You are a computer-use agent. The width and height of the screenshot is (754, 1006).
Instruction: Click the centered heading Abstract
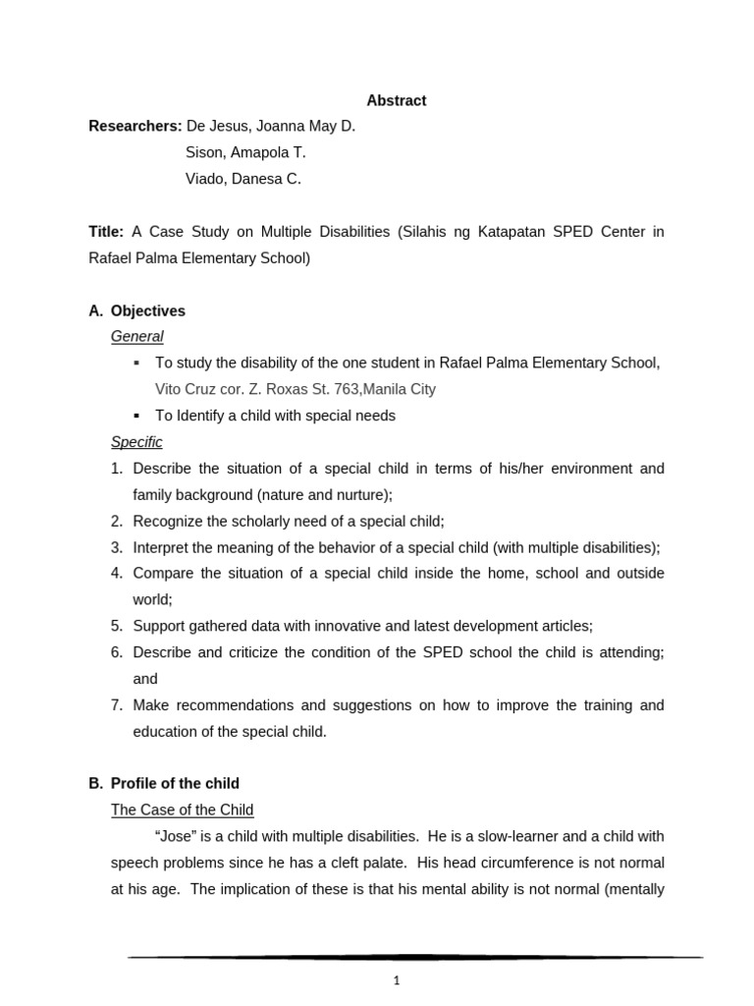pyautogui.click(x=397, y=100)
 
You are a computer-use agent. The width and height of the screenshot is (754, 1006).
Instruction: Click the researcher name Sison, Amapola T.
pyautogui.click(x=245, y=152)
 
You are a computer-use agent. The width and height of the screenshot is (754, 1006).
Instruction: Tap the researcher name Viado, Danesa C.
pyautogui.click(x=242, y=179)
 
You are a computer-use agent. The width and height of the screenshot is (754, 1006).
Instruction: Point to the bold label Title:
pyautogui.click(x=106, y=232)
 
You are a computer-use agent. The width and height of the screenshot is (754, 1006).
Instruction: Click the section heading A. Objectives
pyautogui.click(x=136, y=310)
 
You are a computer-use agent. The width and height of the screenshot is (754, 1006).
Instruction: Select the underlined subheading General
pyautogui.click(x=137, y=336)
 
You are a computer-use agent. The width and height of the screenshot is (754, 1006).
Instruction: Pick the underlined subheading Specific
pyautogui.click(x=136, y=442)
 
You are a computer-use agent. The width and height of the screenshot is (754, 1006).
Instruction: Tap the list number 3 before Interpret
pyautogui.click(x=116, y=547)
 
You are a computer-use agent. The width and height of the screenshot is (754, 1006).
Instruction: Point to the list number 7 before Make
pyautogui.click(x=116, y=704)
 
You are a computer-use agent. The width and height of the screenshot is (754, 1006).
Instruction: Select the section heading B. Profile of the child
pyautogui.click(x=164, y=783)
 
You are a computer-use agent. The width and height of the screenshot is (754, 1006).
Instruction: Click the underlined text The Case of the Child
pyautogui.click(x=183, y=810)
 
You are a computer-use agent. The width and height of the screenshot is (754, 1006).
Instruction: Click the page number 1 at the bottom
pyautogui.click(x=397, y=979)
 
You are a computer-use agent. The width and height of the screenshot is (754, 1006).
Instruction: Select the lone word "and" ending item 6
pyautogui.click(x=145, y=678)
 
